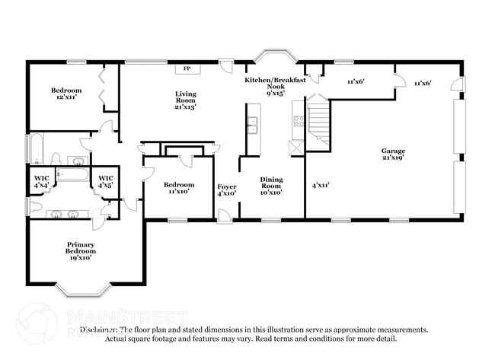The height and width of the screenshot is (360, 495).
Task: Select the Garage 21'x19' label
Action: tap(393, 155)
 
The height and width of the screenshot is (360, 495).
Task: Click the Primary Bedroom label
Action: tap(79, 250)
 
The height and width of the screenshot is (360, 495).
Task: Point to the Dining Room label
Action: tap(271, 185)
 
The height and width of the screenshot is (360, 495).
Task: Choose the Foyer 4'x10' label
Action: tap(226, 190)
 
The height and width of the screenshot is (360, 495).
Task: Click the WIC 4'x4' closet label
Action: tap(40, 182)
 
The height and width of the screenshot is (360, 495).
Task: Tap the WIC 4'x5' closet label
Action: tap(105, 182)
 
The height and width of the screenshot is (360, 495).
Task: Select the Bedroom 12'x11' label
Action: tap(66, 94)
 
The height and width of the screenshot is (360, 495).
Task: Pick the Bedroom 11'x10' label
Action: tap(179, 187)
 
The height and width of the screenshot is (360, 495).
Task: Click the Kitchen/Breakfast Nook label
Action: tap(276, 86)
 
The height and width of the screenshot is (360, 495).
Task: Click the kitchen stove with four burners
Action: tap(298, 121)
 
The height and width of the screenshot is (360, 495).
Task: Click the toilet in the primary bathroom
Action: tap(31, 205)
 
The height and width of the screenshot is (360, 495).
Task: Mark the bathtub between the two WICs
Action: tap(73, 175)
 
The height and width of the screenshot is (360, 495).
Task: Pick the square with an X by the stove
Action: tap(295, 146)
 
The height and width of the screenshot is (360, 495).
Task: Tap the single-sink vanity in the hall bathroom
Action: tap(78, 161)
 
